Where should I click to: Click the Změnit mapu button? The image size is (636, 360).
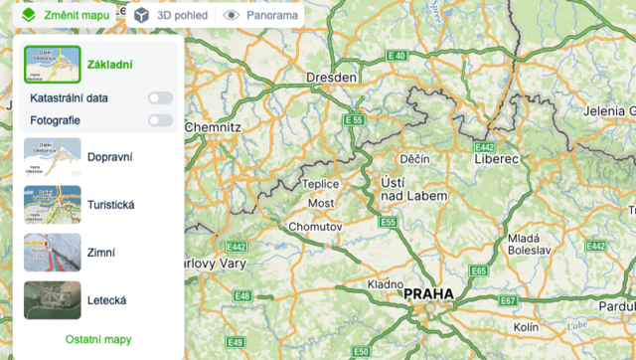[67, 15]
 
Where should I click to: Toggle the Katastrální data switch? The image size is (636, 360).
[160, 98]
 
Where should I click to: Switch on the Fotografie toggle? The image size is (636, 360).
[160, 120]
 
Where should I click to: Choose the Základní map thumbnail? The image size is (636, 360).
[52, 65]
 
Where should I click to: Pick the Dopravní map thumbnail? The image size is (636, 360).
[52, 157]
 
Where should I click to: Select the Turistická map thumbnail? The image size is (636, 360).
[52, 205]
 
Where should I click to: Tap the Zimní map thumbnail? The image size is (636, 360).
[52, 253]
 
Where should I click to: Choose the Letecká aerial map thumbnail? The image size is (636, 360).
[52, 299]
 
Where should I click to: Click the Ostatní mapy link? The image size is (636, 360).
[98, 339]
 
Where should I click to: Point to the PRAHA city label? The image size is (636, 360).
[427, 294]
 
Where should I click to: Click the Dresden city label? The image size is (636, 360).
[331, 78]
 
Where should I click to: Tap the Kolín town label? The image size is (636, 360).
[527, 326]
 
